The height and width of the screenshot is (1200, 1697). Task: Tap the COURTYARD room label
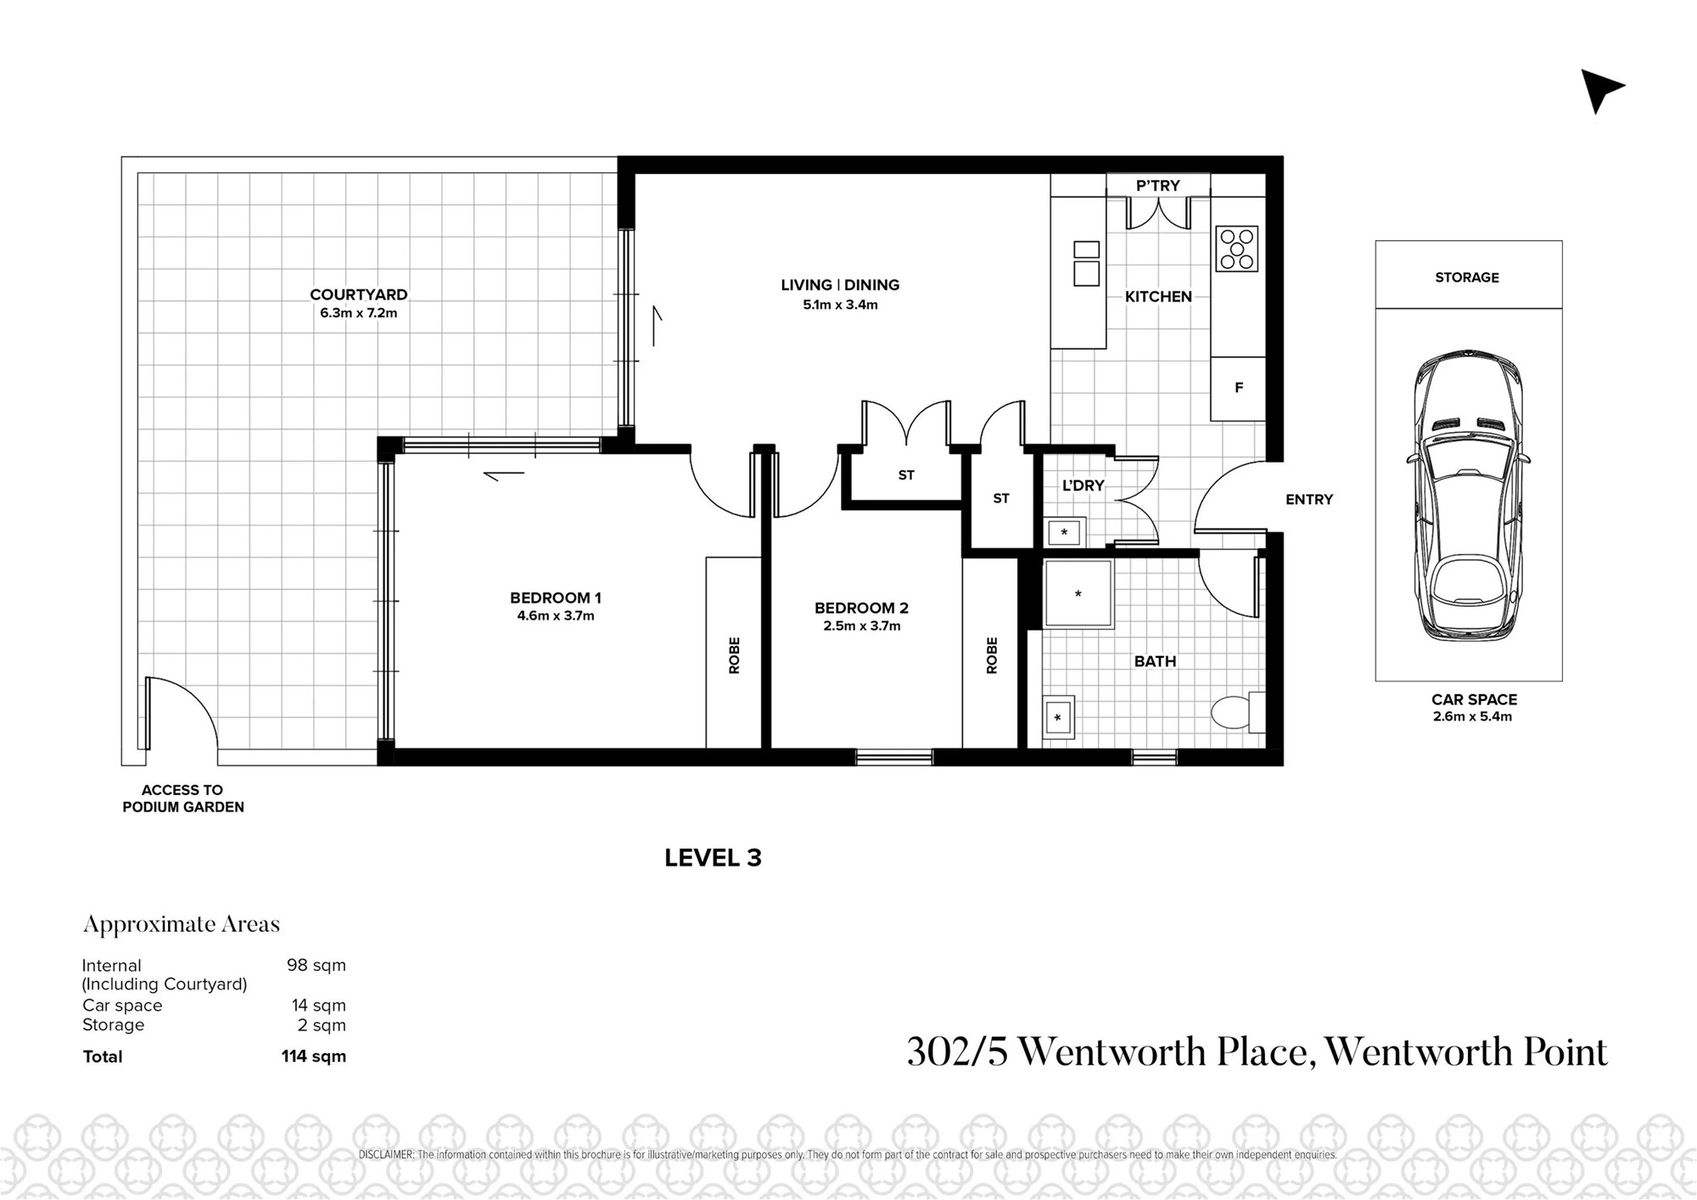(358, 294)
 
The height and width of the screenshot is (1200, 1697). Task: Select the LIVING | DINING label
(840, 285)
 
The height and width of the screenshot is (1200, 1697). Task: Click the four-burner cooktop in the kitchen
(1236, 249)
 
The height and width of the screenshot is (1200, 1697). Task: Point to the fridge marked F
(1238, 389)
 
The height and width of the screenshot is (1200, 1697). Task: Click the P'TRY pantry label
(1158, 186)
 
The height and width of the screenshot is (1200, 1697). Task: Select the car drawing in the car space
(1468, 496)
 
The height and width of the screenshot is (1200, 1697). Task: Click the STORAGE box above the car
(1468, 274)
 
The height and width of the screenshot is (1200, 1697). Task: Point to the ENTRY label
(1309, 500)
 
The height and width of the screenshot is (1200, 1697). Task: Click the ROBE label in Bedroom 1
(734, 655)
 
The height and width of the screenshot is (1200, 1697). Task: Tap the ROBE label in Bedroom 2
(992, 655)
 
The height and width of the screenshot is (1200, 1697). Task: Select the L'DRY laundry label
(1084, 485)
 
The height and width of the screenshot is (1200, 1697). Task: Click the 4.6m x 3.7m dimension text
(556, 616)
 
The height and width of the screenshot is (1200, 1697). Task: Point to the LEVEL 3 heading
(713, 858)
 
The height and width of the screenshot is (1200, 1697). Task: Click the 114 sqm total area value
(314, 1057)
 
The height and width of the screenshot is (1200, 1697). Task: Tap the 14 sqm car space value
(319, 1006)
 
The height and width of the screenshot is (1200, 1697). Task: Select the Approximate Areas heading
(182, 925)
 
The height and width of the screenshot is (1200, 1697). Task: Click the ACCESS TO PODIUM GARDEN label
(183, 799)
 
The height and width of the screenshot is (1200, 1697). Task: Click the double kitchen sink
(1087, 263)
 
